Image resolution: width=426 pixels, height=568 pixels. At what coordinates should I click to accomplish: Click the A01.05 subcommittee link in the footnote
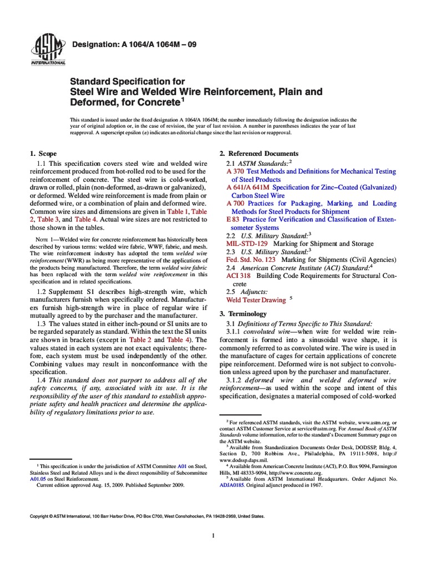pyautogui.click(x=38, y=476)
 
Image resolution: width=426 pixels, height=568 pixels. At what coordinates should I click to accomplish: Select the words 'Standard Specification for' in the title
pyautogui.click(x=126, y=82)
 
